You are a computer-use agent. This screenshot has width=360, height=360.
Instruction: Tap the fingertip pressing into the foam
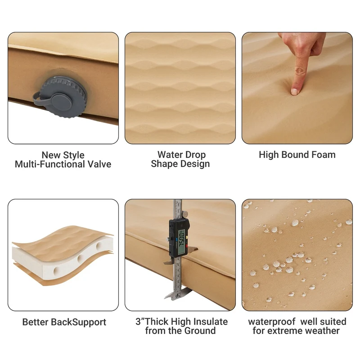click(295, 91)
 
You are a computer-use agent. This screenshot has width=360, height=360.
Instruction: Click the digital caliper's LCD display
click(182, 242)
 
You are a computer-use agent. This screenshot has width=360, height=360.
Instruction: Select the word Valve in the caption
click(99, 164)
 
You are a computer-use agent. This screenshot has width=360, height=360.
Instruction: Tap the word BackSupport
click(78, 322)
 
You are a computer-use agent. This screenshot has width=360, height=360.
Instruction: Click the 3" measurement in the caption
click(140, 321)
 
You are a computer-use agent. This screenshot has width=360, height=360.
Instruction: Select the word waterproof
click(272, 322)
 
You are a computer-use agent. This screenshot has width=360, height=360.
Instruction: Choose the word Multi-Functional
click(50, 164)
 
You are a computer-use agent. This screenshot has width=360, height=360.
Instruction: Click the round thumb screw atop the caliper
click(185, 215)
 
